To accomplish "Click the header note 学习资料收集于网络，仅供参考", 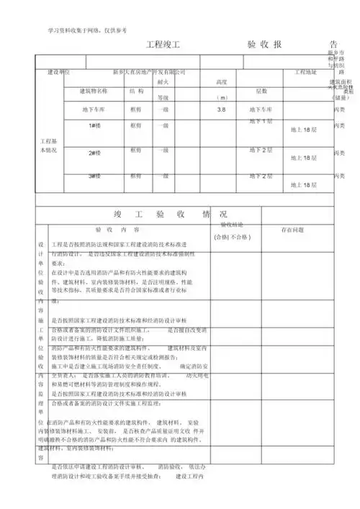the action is (x=87, y=30).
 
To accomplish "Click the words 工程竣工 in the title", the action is (x=162, y=45).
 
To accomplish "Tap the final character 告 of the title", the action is (x=332, y=45).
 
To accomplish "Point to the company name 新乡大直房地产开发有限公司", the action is (x=150, y=73).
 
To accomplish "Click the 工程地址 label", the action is (x=305, y=73).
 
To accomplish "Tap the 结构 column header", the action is (x=136, y=91).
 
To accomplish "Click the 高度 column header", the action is (x=221, y=82).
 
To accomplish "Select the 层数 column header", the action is (x=261, y=91).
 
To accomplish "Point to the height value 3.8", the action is (x=221, y=109).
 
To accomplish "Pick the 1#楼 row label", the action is (x=94, y=125).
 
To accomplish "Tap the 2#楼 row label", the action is (x=94, y=153).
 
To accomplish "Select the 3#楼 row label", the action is (x=94, y=176).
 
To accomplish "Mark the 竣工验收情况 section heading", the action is (x=171, y=215).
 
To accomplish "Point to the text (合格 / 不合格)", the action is (x=230, y=236).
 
